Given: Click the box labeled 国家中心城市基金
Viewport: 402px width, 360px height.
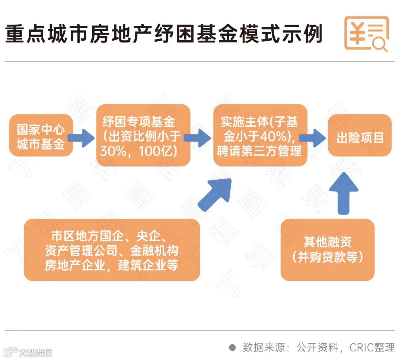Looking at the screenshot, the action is click(41, 135).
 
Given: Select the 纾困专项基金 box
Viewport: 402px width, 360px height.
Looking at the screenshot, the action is click(143, 135).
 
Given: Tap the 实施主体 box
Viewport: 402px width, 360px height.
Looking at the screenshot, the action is click(260, 135).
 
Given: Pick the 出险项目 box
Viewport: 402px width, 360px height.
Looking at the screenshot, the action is click(360, 135).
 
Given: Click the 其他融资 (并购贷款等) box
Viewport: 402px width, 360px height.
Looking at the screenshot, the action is click(327, 249).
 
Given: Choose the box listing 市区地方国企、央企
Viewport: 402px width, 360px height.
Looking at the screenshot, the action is click(112, 249).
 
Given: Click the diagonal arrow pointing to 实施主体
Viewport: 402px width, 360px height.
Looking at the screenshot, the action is click(216, 194).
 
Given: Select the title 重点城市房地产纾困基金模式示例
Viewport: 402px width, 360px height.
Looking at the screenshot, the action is click(164, 34).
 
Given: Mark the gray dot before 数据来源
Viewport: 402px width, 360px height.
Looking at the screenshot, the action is click(233, 347).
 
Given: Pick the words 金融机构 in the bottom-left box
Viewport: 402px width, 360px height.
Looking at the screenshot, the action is click(173, 249).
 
